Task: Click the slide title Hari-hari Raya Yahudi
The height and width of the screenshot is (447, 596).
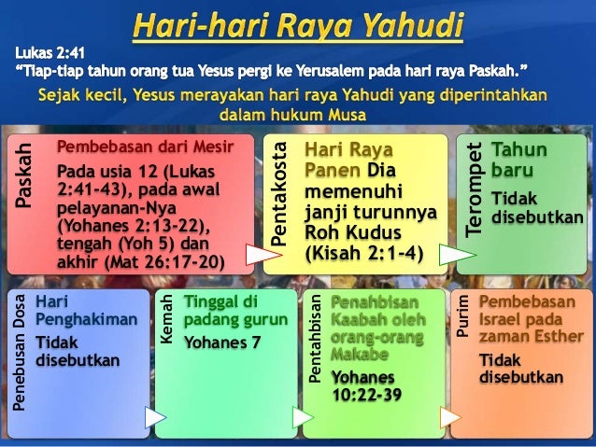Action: click(297, 25)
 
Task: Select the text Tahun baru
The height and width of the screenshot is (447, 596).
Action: click(520, 161)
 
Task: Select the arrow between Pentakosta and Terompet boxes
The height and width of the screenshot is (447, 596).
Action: click(454, 253)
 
